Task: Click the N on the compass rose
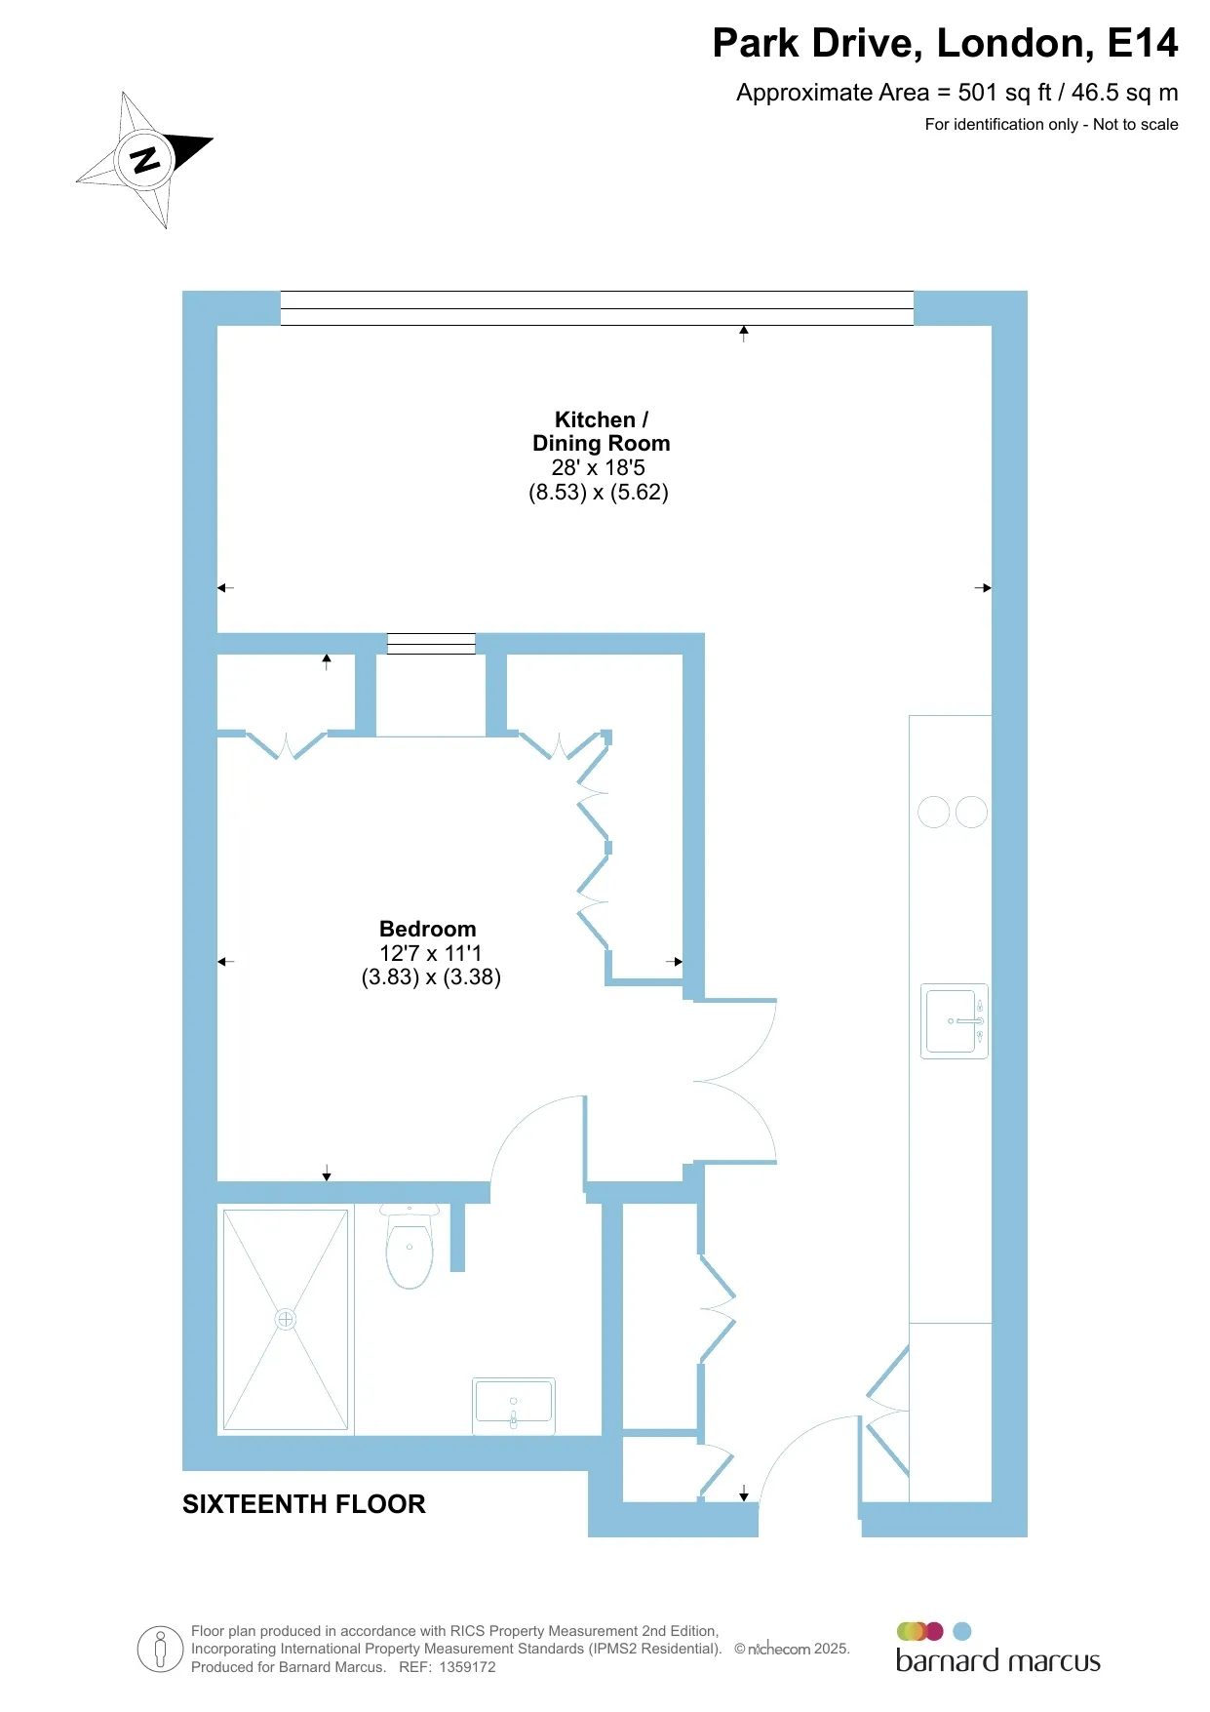pyautogui.click(x=145, y=159)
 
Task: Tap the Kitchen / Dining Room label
pyautogui.click(x=601, y=431)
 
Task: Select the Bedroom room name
pyautogui.click(x=428, y=929)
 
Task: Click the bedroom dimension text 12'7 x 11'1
pyautogui.click(x=430, y=953)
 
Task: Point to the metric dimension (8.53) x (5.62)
pyautogui.click(x=599, y=492)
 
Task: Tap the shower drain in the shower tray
pyautogui.click(x=286, y=1320)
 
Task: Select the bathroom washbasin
pyautogui.click(x=514, y=1406)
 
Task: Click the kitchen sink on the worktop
pyautogui.click(x=955, y=1021)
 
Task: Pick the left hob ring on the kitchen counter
pyautogui.click(x=934, y=812)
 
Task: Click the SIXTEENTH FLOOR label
pyautogui.click(x=304, y=1504)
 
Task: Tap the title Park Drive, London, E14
pyautogui.click(x=945, y=43)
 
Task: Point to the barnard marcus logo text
pyautogui.click(x=997, y=1661)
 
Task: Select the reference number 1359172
pyautogui.click(x=467, y=1667)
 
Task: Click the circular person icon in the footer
pyautogui.click(x=161, y=1650)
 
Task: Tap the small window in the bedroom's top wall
pyautogui.click(x=431, y=643)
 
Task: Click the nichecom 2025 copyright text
pyautogui.click(x=792, y=1649)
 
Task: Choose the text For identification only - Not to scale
pyautogui.click(x=1051, y=124)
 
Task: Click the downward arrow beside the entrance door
pyautogui.click(x=744, y=1493)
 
